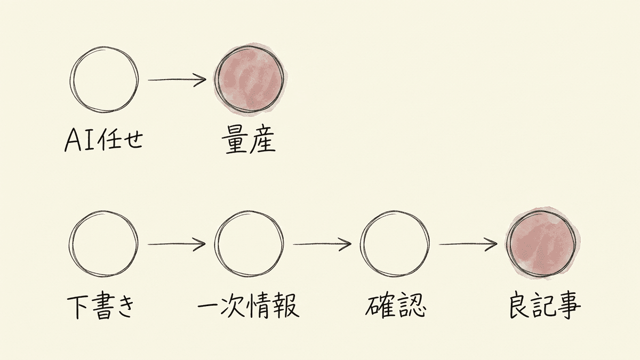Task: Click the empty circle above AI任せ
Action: (x=71, y=80)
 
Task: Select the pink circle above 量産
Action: (x=249, y=79)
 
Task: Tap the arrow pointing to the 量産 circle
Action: (x=177, y=79)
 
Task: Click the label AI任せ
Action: (x=103, y=141)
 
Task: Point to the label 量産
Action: (x=249, y=141)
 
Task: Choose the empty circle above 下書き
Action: (x=70, y=244)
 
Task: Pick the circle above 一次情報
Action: (x=215, y=244)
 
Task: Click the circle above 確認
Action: (x=361, y=244)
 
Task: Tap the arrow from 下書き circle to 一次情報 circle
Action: (x=177, y=244)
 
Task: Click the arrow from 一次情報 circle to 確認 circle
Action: (x=322, y=244)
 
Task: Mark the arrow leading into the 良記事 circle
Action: (x=468, y=244)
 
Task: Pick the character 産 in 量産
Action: (x=262, y=141)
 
